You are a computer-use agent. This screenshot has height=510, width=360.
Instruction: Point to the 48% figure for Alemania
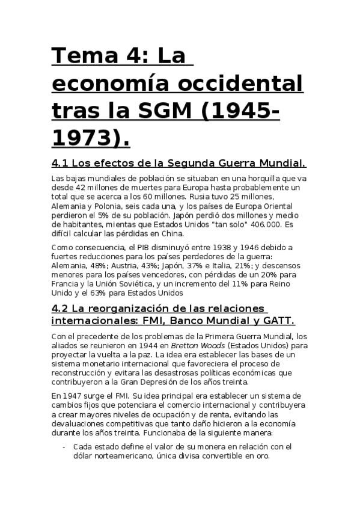[96, 266]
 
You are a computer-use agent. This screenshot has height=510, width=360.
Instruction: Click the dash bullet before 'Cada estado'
[64, 447]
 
